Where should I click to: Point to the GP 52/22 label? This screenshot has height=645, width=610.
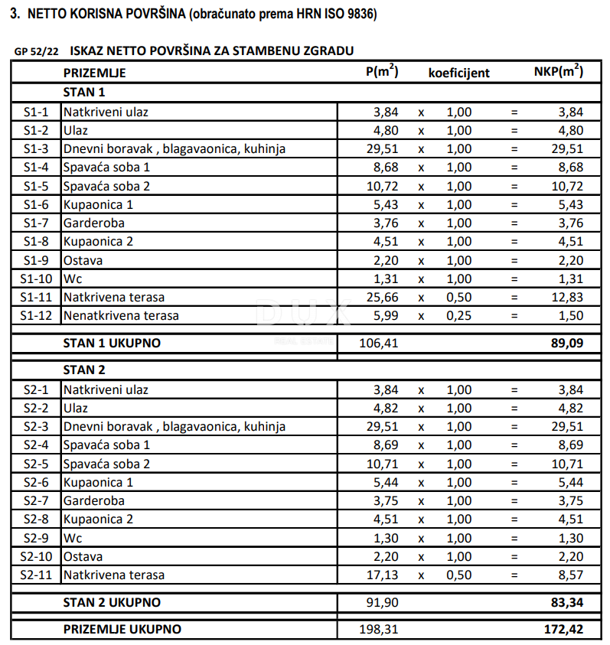click(36, 52)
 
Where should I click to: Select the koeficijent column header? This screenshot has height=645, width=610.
click(458, 73)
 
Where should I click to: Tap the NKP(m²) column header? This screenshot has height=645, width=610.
click(558, 72)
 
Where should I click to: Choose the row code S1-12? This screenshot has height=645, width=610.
click(36, 315)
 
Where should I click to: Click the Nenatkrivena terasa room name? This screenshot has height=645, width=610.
click(121, 315)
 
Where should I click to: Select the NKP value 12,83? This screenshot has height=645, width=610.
click(568, 297)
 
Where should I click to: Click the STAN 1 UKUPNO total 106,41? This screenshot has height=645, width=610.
click(379, 344)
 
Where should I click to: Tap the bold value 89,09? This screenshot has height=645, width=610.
click(568, 344)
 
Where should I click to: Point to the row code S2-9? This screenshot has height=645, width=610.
click(36, 538)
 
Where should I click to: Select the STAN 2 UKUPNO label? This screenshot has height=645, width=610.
click(112, 602)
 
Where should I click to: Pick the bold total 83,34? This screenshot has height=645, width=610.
click(568, 602)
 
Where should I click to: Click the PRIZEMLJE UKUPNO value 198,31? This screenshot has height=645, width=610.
click(379, 630)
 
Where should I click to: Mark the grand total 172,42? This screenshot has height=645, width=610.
click(565, 630)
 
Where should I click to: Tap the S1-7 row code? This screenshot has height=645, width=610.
click(36, 223)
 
